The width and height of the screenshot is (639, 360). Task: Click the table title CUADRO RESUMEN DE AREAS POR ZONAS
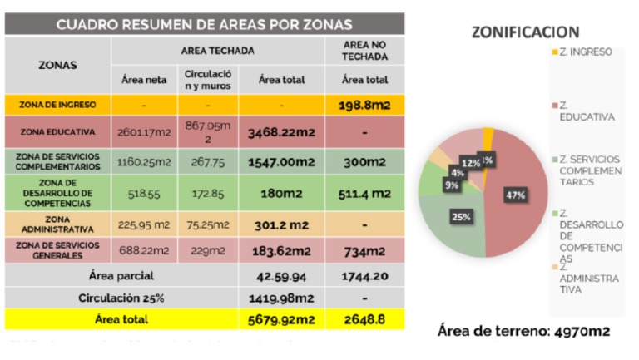pos(203,25)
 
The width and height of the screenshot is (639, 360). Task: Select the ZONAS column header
pos(57,64)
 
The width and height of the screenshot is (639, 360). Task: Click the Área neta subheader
pos(143,80)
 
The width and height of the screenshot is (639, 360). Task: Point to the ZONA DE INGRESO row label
pos(58,106)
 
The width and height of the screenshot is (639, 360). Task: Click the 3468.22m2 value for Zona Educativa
pos(281,131)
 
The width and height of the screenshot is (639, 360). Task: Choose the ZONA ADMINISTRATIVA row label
pos(58,222)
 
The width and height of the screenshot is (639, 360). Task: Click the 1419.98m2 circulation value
pos(281,297)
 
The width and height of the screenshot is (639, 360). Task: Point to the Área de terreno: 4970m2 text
pos(523,331)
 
